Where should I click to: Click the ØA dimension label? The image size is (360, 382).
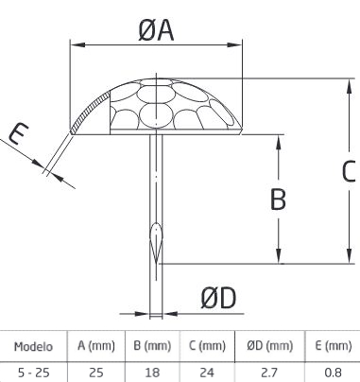tap(156, 30)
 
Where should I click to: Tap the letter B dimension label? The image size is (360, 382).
tap(278, 200)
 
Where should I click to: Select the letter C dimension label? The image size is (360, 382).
tap(349, 171)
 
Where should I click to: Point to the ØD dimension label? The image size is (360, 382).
tap(218, 298)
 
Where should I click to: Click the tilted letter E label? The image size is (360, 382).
tap(18, 133)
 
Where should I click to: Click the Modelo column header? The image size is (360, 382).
tap(33, 347)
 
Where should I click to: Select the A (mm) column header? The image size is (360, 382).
tap(96, 346)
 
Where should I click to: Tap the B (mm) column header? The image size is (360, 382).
tap(152, 346)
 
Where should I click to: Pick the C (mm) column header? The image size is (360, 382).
tap(207, 346)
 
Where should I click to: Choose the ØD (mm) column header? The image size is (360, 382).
tap(270, 346)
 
